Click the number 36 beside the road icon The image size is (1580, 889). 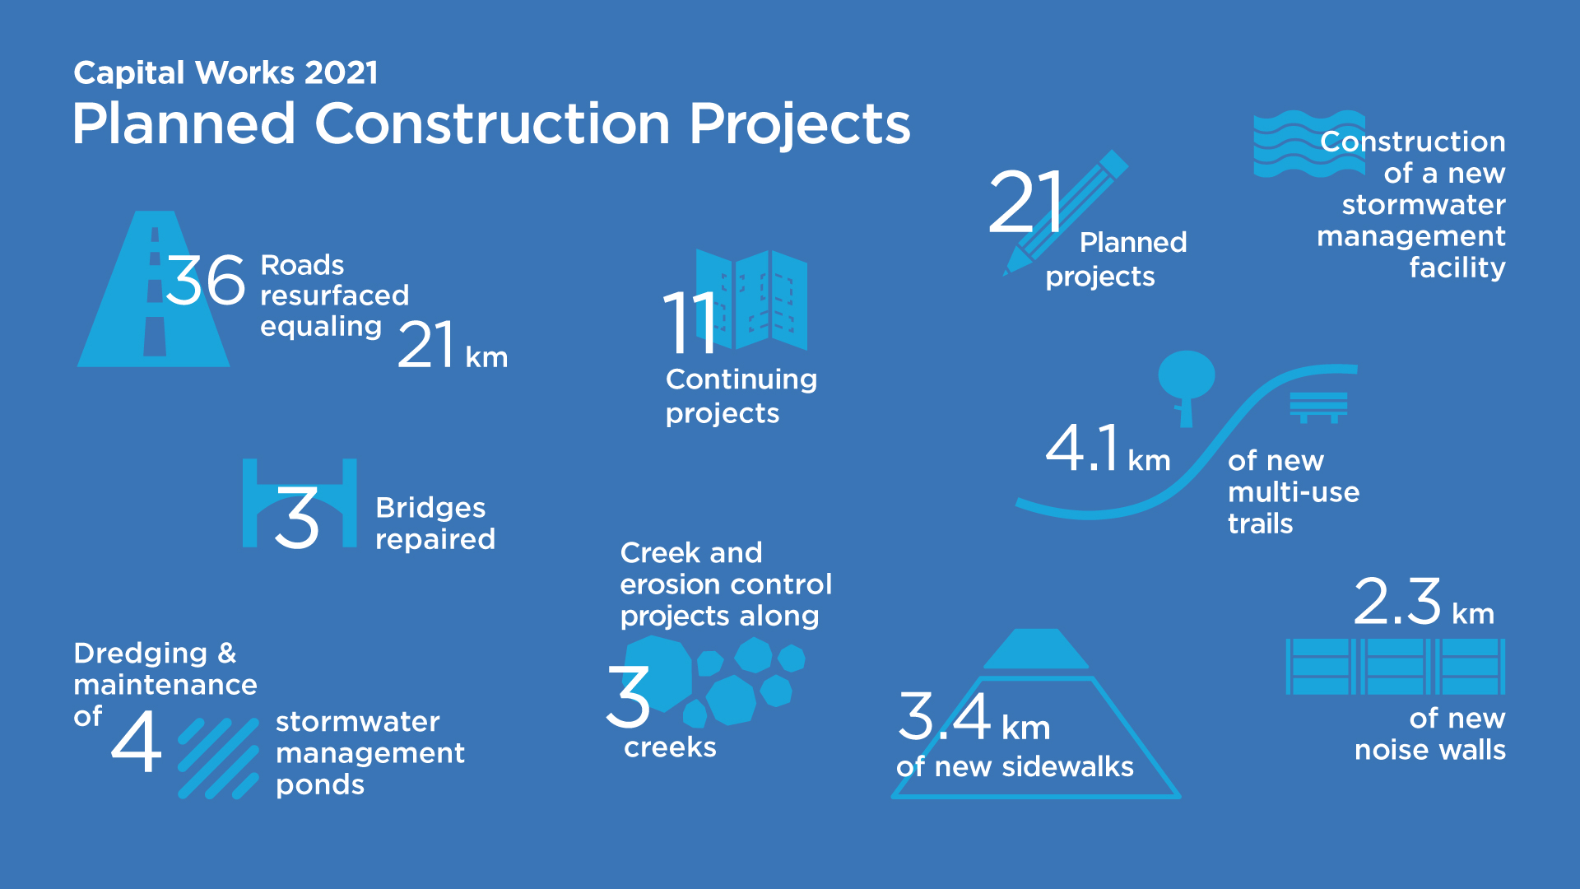click(206, 280)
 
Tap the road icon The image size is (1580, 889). click(154, 289)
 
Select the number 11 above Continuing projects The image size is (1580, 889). click(690, 322)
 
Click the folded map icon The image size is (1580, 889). click(751, 300)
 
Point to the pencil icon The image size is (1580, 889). click(1066, 212)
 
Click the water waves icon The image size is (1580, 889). click(1308, 144)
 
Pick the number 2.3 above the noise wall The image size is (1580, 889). click(1397, 601)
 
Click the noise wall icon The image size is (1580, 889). click(1396, 667)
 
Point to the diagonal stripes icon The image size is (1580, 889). click(219, 758)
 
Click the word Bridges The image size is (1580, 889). click(430, 509)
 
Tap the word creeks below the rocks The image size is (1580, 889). click(670, 747)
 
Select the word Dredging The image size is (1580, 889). click(141, 654)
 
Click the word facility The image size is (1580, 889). click(1457, 268)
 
